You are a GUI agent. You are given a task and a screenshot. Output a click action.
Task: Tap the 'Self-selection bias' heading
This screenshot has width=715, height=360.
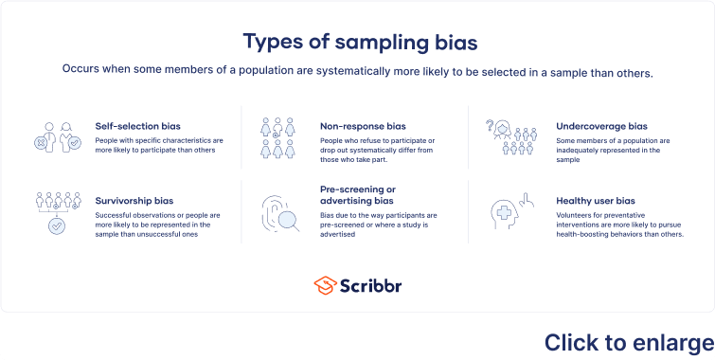137,125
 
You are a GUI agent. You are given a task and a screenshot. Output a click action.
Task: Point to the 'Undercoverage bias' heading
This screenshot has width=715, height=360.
601,125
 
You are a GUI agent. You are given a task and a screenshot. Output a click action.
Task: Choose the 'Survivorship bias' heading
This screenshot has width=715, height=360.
134,201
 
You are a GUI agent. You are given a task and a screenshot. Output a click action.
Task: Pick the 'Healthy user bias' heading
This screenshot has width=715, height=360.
596,201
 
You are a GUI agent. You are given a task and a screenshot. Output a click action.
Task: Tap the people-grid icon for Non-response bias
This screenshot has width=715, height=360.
279,138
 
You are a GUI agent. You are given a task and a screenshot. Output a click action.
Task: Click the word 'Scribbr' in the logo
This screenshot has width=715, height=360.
372,285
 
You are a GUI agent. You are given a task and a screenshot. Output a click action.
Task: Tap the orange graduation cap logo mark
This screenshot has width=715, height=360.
326,285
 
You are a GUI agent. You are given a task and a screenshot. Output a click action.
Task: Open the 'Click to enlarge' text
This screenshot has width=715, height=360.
629,342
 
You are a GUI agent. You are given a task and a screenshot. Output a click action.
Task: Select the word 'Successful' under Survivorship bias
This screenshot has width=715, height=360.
116,215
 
